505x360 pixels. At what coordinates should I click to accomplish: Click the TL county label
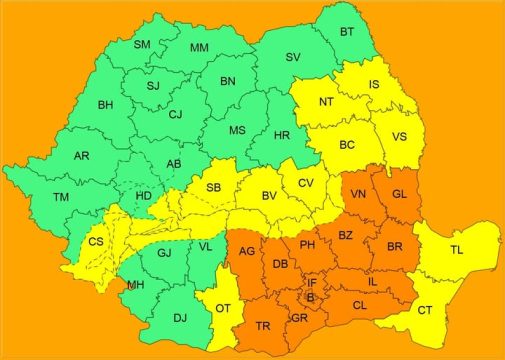(x=456, y=250)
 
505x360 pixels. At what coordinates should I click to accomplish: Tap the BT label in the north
(x=346, y=32)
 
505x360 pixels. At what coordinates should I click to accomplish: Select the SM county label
(x=142, y=44)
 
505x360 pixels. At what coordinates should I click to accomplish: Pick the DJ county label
(x=179, y=318)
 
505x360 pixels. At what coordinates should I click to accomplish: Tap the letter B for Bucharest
(x=309, y=297)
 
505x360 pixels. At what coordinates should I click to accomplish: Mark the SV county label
(x=292, y=57)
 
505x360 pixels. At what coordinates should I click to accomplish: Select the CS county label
(x=96, y=242)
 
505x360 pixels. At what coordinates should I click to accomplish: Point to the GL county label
(x=399, y=195)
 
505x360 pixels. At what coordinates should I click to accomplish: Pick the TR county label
(x=262, y=327)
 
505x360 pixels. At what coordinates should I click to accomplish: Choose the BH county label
(x=105, y=104)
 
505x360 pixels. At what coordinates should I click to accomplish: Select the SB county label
(x=213, y=187)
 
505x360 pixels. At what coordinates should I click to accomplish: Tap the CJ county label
(x=175, y=114)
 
